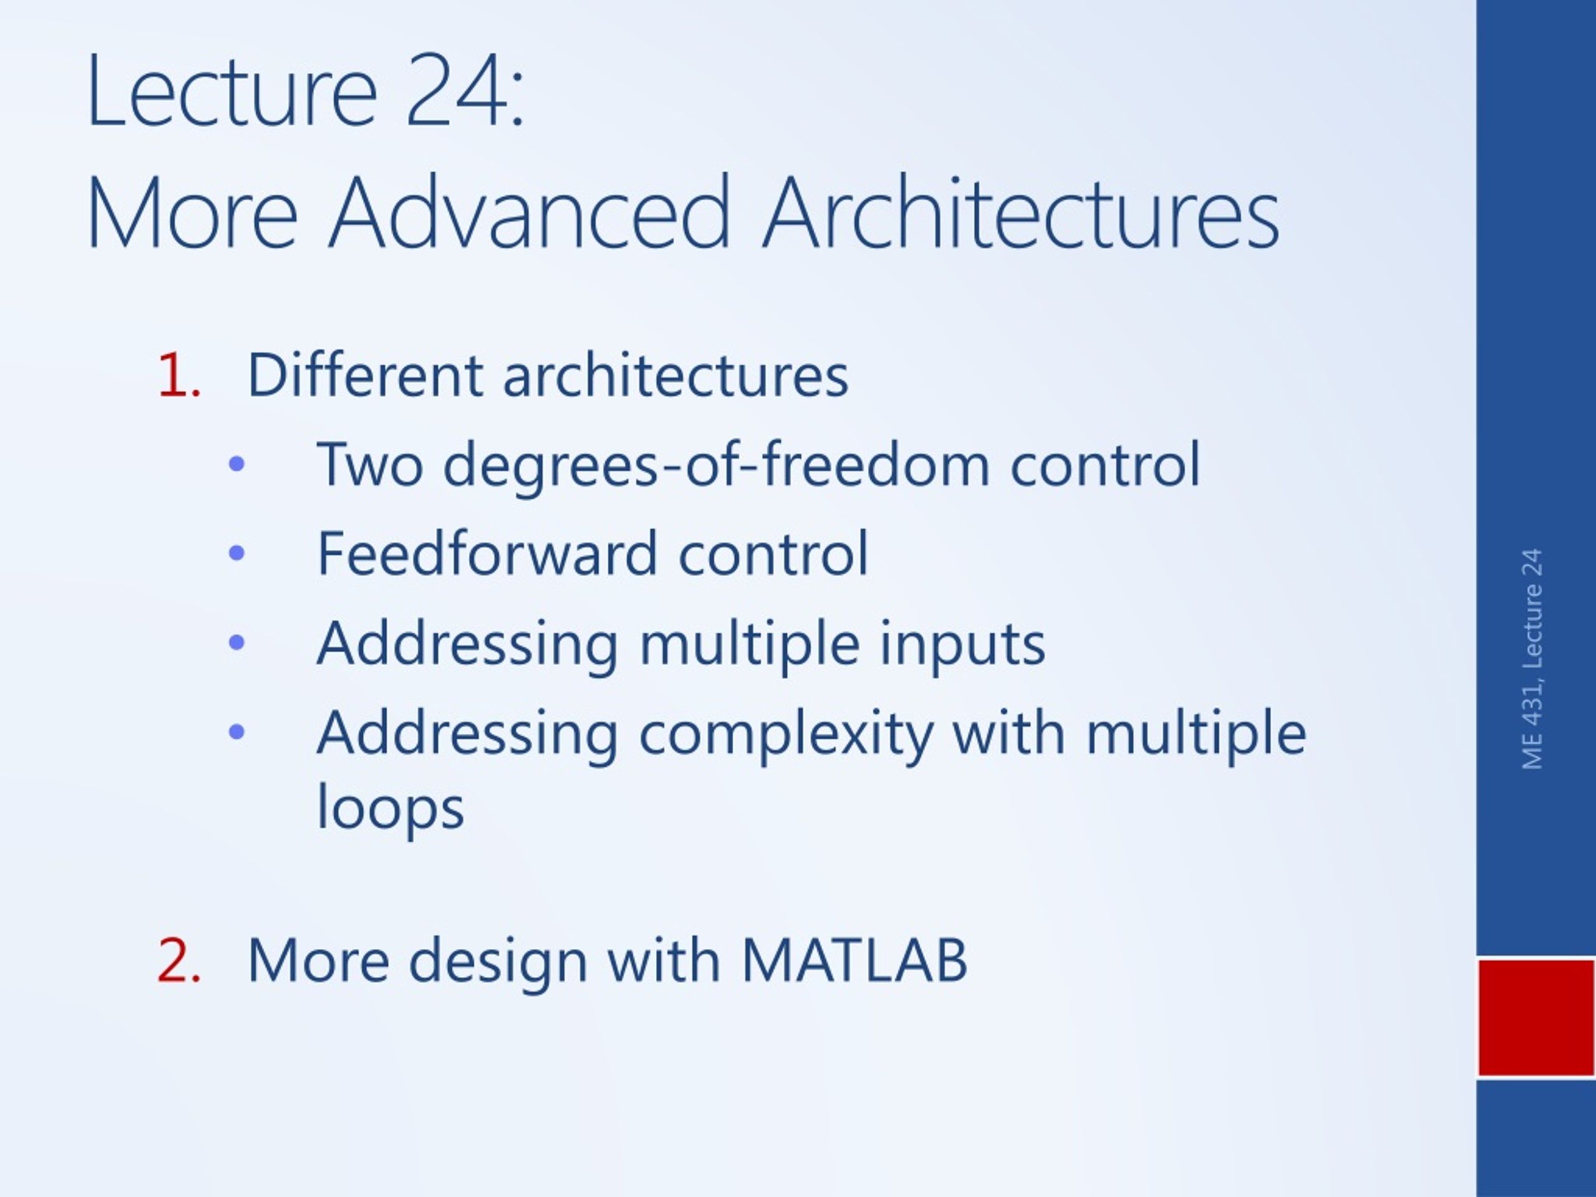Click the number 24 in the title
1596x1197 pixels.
pyautogui.click(x=457, y=92)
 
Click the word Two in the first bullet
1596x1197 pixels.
pyautogui.click(x=370, y=464)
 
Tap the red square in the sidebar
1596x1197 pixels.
pyautogui.click(x=1536, y=1018)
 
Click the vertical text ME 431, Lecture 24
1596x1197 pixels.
pyautogui.click(x=1532, y=660)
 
